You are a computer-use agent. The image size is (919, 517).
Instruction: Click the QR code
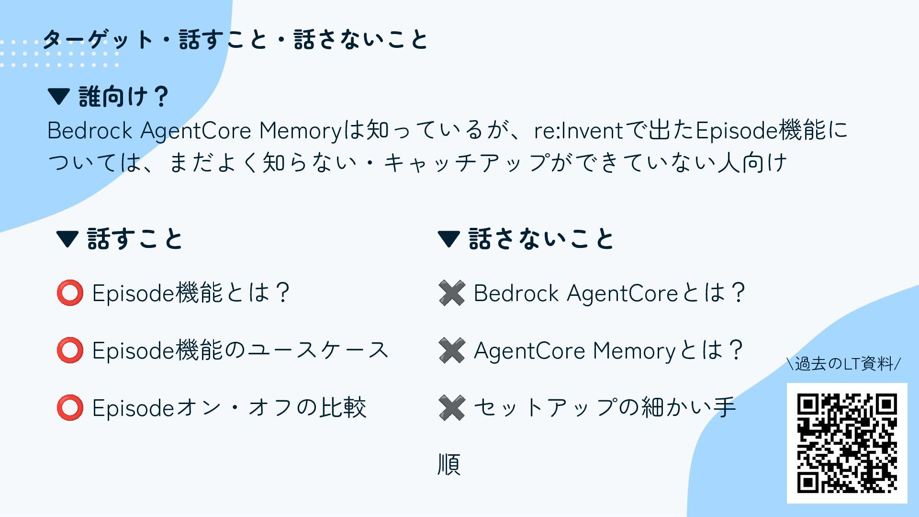[847, 443]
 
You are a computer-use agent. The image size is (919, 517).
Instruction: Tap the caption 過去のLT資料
[844, 364]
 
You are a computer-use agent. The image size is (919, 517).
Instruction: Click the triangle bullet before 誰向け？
[59, 96]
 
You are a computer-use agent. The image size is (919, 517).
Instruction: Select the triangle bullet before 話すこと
[67, 239]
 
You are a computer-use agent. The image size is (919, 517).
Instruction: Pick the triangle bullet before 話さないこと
[449, 239]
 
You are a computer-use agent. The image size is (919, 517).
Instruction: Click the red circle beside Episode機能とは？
[70, 293]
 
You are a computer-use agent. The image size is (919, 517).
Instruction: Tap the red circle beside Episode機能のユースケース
[70, 350]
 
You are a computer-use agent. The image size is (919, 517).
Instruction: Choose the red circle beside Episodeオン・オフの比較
[70, 408]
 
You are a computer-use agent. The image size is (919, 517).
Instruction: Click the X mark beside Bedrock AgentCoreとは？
[451, 293]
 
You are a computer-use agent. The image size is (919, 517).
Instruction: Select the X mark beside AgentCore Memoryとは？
[451, 350]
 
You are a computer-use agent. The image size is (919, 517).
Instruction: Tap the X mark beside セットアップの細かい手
[451, 408]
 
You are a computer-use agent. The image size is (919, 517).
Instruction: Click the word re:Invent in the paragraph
[579, 131]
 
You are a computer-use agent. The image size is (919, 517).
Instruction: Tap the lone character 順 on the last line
[449, 464]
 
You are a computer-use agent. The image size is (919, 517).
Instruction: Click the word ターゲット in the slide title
[98, 39]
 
